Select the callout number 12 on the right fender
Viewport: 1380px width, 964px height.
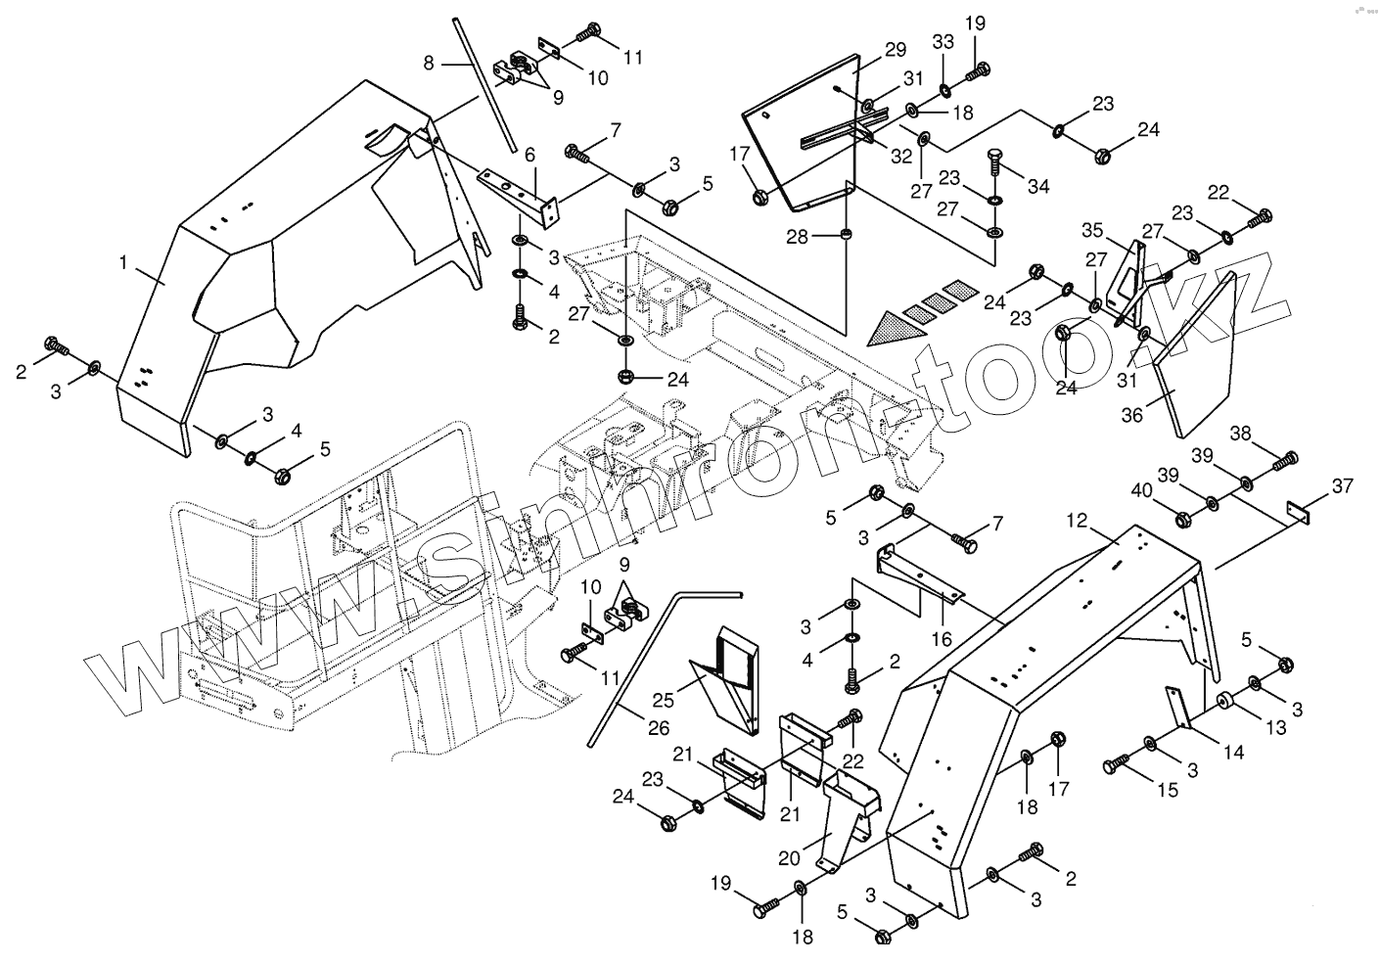[x=1077, y=523]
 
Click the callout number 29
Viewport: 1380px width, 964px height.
[x=895, y=50]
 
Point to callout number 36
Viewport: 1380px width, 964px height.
[x=1131, y=415]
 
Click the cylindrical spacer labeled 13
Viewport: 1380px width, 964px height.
[x=1222, y=703]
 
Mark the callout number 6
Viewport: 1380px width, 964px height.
[x=529, y=155]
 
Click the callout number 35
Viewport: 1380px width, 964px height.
[x=1091, y=232]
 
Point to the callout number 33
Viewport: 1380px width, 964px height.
[x=942, y=43]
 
